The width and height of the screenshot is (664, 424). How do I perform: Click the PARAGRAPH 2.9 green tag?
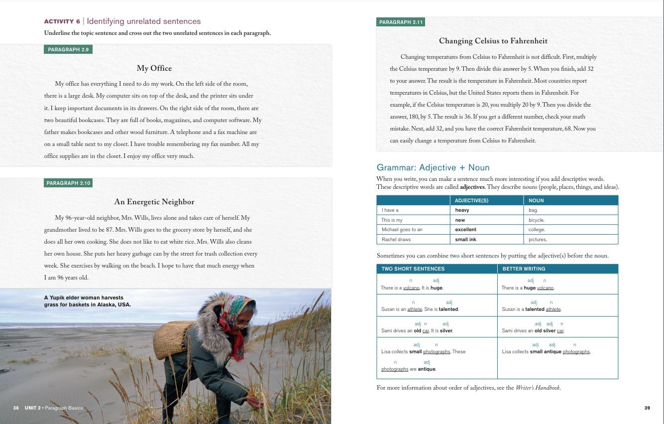(x=68, y=49)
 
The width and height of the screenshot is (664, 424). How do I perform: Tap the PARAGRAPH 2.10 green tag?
(x=68, y=183)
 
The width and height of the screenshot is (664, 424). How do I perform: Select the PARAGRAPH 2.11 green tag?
(x=401, y=22)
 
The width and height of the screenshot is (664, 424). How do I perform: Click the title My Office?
(x=154, y=68)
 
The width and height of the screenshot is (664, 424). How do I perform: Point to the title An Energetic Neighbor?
(x=154, y=202)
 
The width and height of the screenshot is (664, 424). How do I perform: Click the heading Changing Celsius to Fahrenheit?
(x=493, y=41)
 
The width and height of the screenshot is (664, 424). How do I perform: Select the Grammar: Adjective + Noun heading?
(x=433, y=167)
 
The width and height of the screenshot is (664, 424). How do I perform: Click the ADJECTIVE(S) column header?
(x=471, y=200)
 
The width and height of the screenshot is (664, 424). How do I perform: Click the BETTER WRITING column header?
(x=524, y=269)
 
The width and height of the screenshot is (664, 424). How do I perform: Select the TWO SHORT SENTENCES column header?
(x=413, y=269)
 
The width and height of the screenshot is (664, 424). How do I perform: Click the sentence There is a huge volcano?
(x=528, y=287)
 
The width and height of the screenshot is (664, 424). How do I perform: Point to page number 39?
(x=647, y=408)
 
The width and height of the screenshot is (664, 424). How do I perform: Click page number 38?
(x=16, y=408)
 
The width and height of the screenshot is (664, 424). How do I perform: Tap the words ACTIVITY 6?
(x=62, y=21)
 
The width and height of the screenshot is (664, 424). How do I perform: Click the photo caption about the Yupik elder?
(x=87, y=301)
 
